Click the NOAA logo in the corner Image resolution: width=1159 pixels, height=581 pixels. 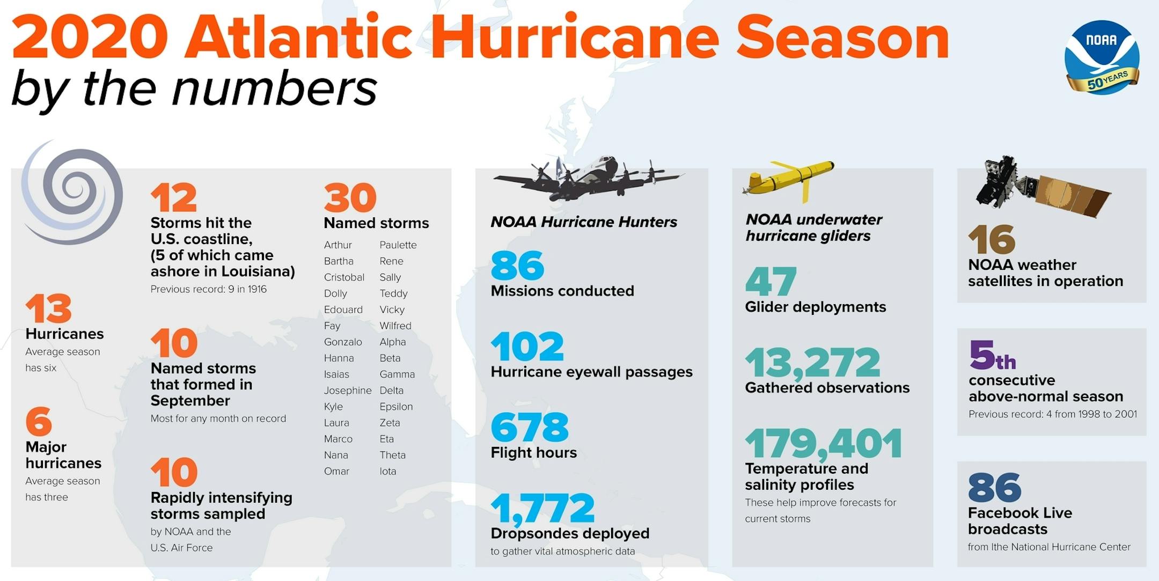pyautogui.click(x=1102, y=57)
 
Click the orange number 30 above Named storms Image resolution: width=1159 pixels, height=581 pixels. pyautogui.click(x=350, y=198)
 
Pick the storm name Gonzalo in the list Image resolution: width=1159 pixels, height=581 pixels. pyautogui.click(x=343, y=342)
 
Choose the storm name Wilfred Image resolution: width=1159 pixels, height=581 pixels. pyautogui.click(x=395, y=326)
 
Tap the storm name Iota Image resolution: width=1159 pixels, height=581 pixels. pyautogui.click(x=387, y=471)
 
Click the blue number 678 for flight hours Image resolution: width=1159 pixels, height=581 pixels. pyautogui.click(x=529, y=427)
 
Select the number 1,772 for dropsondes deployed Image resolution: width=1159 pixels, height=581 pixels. pyautogui.click(x=542, y=508)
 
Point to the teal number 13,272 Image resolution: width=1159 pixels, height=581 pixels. pyautogui.click(x=812, y=363)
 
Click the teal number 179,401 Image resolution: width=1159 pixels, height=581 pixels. pyautogui.click(x=823, y=443)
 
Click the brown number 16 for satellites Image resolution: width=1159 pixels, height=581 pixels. pyautogui.click(x=991, y=239)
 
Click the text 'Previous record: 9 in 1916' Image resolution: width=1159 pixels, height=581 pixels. pyautogui.click(x=208, y=289)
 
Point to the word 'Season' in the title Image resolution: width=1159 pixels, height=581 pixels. pyautogui.click(x=842, y=39)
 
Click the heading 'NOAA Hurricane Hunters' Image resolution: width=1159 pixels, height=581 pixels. pyautogui.click(x=583, y=222)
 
